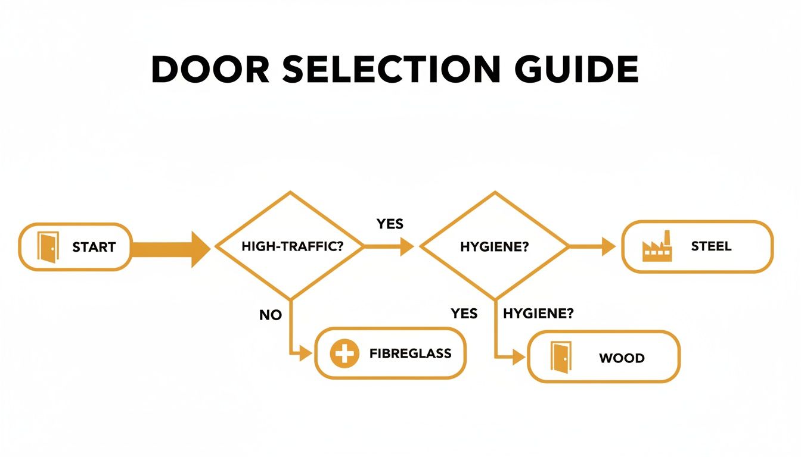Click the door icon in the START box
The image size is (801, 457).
[48, 246]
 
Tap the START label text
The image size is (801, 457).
[94, 247]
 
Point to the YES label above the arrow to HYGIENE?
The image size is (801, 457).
[390, 224]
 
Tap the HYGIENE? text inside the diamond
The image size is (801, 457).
[495, 247]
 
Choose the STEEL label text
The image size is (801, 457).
[711, 246]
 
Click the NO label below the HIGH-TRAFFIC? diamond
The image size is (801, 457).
[270, 315]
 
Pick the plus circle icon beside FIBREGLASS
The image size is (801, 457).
[344, 354]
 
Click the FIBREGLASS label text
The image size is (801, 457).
[410, 353]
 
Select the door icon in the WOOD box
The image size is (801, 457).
[560, 358]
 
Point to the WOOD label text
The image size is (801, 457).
[621, 358]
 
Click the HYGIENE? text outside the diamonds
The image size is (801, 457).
[538, 314]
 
